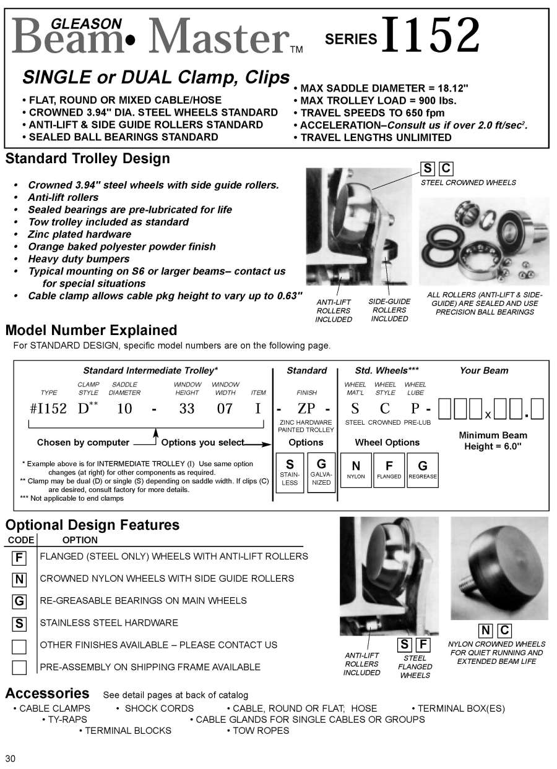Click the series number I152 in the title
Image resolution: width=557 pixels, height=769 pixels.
[431, 35]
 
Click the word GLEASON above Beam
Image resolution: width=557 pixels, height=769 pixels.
[86, 23]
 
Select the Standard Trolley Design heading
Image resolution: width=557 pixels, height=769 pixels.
[87, 159]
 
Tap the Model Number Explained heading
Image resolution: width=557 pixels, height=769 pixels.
[91, 330]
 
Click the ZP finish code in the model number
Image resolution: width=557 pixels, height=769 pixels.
[306, 408]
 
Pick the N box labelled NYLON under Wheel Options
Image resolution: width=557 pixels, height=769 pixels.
[356, 470]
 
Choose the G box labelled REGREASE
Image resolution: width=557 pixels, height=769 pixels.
[423, 470]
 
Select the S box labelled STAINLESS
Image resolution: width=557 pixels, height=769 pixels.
[290, 472]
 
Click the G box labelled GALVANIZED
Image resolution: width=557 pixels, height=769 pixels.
[321, 472]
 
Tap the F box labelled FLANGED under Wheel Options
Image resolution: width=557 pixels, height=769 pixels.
[389, 470]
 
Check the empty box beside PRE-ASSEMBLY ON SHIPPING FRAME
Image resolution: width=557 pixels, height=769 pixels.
[19, 668]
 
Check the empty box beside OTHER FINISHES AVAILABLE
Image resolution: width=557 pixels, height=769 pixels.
[19, 646]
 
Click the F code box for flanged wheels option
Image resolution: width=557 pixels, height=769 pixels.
[19, 558]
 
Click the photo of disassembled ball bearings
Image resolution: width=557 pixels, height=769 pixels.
[484, 241]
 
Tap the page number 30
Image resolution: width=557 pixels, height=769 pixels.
[11, 758]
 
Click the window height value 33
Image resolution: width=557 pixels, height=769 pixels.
[187, 408]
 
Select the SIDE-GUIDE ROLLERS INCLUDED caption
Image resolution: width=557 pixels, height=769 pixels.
[389, 310]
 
